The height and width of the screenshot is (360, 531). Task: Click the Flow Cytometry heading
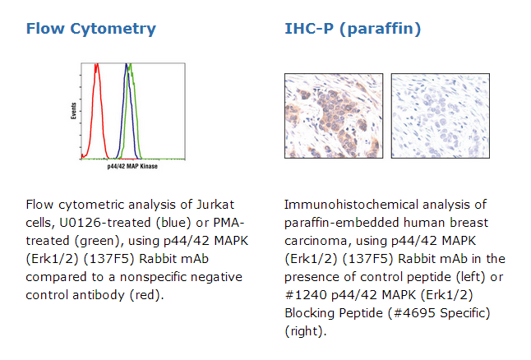[x=91, y=29]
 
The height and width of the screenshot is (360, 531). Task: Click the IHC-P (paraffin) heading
[x=353, y=29]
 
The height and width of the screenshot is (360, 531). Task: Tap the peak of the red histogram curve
[x=96, y=64]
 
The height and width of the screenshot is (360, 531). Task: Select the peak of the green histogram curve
[x=130, y=65]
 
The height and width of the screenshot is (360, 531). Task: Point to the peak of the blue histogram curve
[x=127, y=64]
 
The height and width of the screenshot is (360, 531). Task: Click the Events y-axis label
[x=73, y=111]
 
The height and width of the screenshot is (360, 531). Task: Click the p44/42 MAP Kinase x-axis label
[x=132, y=166]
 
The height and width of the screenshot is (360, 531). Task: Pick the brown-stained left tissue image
[x=334, y=116]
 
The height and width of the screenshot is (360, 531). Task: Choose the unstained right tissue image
[x=441, y=116]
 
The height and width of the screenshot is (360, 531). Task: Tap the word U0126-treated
[x=105, y=223]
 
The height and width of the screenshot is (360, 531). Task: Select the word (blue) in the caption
[x=173, y=223]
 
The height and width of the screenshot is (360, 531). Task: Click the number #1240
[x=306, y=295]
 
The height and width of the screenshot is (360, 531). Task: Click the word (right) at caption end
[x=306, y=331]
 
